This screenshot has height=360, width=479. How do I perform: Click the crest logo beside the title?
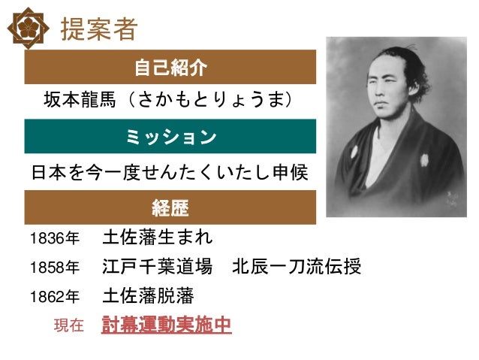(x=28, y=29)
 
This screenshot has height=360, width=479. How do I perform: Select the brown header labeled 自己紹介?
(x=170, y=68)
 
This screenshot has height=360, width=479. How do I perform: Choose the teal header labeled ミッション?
(x=170, y=136)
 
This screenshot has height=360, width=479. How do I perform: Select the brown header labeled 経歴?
(x=170, y=207)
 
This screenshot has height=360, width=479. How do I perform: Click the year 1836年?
(x=53, y=240)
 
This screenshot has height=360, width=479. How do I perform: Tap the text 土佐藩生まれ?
(x=157, y=238)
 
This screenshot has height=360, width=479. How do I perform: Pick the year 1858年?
(x=53, y=268)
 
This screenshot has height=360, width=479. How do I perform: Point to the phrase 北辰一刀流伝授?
(x=297, y=267)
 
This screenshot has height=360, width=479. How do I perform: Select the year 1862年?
(x=53, y=296)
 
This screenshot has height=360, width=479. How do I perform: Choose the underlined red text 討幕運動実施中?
(x=166, y=325)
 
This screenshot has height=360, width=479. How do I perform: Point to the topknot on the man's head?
(x=406, y=50)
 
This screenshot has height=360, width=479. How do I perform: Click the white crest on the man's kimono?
(x=424, y=159)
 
